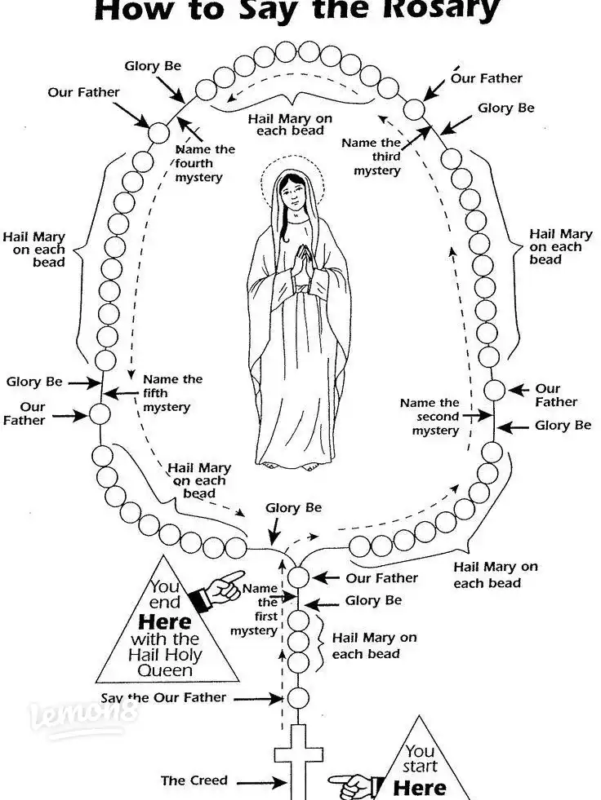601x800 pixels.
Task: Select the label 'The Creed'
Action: [x=194, y=780]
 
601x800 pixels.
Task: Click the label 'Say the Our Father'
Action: [x=163, y=698]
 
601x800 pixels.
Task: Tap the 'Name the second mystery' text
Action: [x=430, y=416]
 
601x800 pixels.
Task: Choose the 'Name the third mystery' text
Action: [x=372, y=157]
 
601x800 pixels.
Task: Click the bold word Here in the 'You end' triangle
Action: [x=164, y=621]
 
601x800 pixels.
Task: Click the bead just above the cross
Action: [x=298, y=698]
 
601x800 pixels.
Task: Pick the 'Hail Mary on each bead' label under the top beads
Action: [x=290, y=125]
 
